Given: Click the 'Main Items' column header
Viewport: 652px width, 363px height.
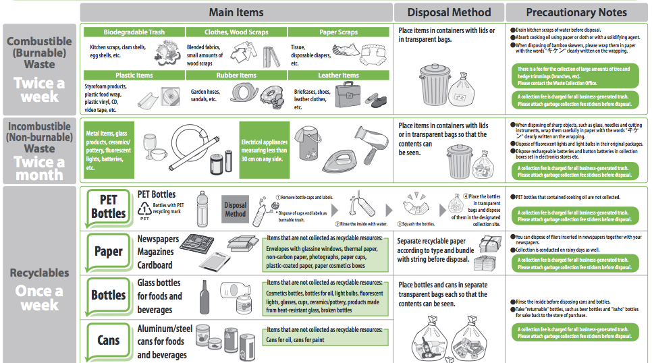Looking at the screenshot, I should [236, 12].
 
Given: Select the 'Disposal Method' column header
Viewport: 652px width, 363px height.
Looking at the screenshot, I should [448, 12].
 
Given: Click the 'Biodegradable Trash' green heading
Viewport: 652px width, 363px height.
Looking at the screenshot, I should [134, 32].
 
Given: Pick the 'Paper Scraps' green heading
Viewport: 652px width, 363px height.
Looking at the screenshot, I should [338, 32].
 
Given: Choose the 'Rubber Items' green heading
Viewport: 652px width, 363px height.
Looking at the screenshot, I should [236, 75].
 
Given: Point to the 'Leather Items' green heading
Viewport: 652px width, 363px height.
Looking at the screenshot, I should [338, 75].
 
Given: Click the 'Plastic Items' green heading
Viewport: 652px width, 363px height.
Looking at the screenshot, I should [134, 75].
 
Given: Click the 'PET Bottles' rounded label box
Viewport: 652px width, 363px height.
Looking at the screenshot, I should [108, 206].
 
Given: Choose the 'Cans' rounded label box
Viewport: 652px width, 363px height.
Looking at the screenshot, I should [108, 340].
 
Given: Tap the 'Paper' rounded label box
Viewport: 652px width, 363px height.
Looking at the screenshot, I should [108, 252].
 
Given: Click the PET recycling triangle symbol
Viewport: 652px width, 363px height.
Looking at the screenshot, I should [144, 209].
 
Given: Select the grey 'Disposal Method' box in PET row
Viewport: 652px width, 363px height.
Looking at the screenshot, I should [236, 210].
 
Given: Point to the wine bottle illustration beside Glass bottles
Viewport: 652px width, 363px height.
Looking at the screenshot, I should [205, 298].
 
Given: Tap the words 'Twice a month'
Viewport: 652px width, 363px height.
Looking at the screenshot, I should [39, 168].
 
